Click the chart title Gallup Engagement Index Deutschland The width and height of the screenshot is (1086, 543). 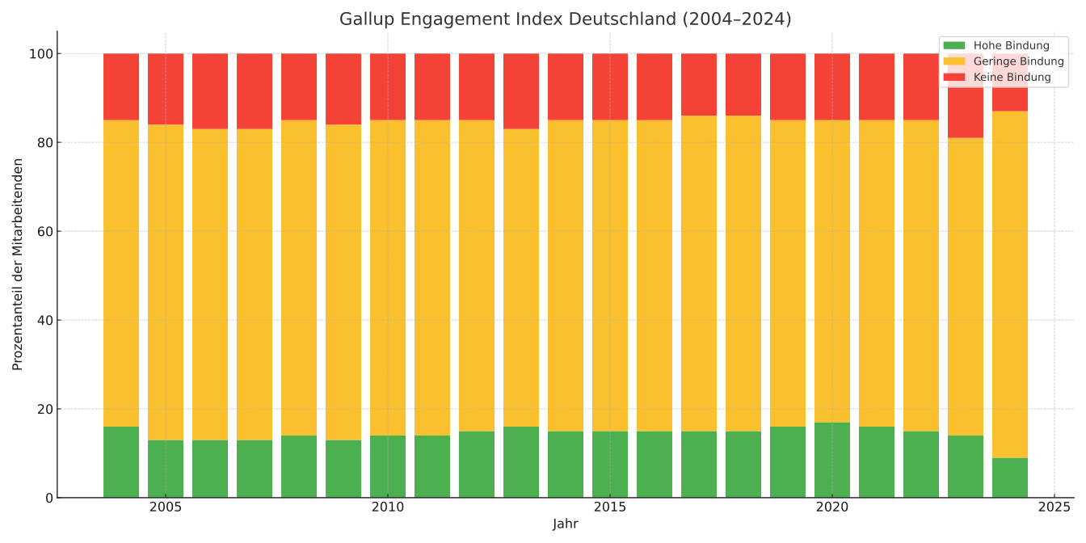[565, 19]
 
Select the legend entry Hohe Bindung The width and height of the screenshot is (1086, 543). [1011, 46]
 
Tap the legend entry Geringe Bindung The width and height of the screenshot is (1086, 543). [1018, 61]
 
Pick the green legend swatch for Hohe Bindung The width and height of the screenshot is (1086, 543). [953, 46]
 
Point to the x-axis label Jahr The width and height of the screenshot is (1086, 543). [565, 524]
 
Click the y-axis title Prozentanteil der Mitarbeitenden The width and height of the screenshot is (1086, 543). [18, 264]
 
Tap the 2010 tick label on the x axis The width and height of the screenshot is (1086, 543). [387, 507]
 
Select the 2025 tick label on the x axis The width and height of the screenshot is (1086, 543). [1054, 507]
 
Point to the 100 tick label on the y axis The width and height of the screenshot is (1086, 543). [40, 54]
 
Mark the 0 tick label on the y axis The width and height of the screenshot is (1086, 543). [48, 499]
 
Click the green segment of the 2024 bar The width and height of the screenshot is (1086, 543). [1009, 478]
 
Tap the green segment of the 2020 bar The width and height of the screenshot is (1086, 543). [831, 460]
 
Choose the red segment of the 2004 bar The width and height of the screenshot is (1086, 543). [121, 87]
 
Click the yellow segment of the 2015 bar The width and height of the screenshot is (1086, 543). [609, 276]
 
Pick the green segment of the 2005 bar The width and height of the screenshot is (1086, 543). [166, 469]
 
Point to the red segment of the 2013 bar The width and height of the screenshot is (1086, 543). [520, 91]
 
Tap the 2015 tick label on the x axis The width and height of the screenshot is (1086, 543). [609, 507]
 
